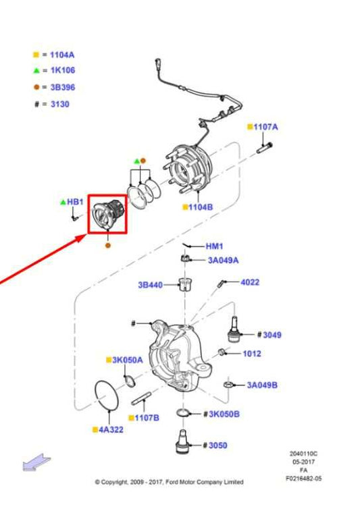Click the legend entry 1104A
(x=61, y=54)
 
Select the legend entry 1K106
(x=61, y=70)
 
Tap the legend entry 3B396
(x=61, y=87)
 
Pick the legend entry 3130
(x=59, y=104)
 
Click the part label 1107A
(x=265, y=127)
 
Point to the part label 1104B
(x=201, y=207)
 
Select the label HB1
(x=75, y=202)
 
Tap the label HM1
(x=214, y=246)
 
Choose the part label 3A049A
(x=222, y=260)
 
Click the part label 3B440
(x=150, y=285)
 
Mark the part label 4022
(x=250, y=282)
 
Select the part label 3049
(x=272, y=334)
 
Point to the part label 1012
(x=252, y=353)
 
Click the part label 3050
(x=217, y=445)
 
